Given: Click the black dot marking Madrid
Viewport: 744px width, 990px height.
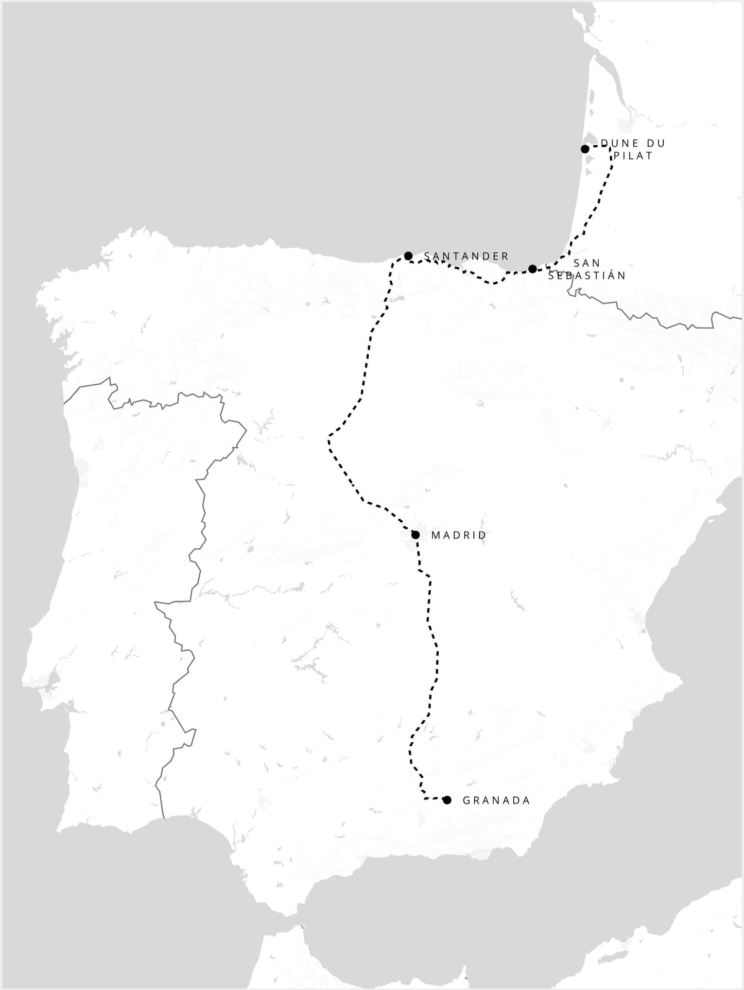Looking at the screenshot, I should click(x=416, y=535).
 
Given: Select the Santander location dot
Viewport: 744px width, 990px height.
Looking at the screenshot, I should click(x=408, y=255).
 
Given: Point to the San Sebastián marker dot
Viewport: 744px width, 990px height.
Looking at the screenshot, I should click(x=532, y=269).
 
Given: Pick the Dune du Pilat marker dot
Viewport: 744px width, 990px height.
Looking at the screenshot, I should click(x=585, y=149).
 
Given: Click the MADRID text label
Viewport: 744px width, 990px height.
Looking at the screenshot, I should click(x=458, y=535).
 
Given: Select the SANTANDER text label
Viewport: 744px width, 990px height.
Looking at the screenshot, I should click(x=466, y=256).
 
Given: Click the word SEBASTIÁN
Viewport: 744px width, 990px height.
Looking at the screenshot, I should click(x=587, y=276).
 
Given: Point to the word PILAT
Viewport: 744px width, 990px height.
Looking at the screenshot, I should click(x=633, y=156).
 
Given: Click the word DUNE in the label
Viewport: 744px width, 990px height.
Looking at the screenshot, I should click(x=618, y=143).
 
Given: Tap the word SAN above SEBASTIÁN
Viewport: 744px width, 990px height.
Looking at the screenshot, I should click(x=586, y=263).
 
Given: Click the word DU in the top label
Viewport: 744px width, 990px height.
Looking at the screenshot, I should click(x=655, y=143).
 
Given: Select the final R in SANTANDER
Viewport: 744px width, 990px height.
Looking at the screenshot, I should click(x=506, y=256).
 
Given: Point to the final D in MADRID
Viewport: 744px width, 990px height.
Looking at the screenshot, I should click(x=482, y=535).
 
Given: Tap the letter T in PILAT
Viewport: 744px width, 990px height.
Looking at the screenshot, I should click(x=649, y=156).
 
